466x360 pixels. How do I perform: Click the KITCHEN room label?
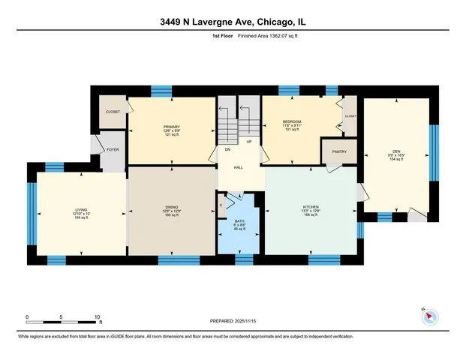[x=311, y=206]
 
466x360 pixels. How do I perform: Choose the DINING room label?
[x=171, y=207]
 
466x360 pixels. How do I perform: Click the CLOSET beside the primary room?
[x=113, y=112]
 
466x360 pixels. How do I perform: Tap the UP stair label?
[x=248, y=141]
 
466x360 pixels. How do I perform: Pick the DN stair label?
[x=228, y=149]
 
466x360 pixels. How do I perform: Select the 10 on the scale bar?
[x=97, y=316]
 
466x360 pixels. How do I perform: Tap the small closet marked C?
[x=221, y=205]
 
